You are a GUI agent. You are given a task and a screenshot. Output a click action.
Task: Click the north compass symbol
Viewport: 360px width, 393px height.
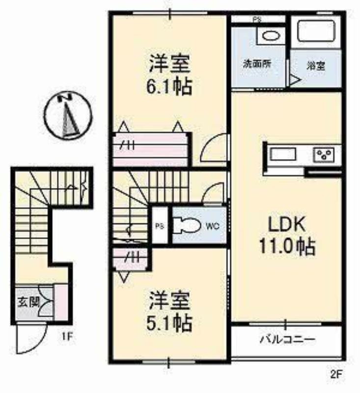coord(68,116)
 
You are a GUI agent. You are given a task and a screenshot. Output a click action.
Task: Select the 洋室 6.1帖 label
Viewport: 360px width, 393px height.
coord(169,75)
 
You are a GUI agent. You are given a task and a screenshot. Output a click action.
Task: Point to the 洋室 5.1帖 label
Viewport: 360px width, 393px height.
coord(169,311)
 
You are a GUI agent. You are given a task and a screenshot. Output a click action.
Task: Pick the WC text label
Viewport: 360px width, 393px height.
coord(213,226)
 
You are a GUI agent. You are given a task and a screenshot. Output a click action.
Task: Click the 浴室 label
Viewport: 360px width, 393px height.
coord(316,66)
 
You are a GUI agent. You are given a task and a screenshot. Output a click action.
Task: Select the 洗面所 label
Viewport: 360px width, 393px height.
coord(257,64)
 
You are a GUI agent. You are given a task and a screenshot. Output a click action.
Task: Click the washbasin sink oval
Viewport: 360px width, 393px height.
coord(271,36)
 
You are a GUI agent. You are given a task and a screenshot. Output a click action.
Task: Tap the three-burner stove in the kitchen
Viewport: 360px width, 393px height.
coord(324,154)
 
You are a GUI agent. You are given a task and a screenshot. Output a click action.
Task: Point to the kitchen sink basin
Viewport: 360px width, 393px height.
coord(283,154)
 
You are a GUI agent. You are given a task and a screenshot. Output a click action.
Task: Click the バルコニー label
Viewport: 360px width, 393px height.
coord(287,339)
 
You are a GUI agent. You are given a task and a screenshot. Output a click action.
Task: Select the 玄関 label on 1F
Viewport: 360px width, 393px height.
coord(28,303)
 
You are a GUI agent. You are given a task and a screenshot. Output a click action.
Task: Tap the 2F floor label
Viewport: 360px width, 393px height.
coord(336,374)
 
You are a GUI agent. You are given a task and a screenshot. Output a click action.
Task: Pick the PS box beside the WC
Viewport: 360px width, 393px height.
coord(160,225)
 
